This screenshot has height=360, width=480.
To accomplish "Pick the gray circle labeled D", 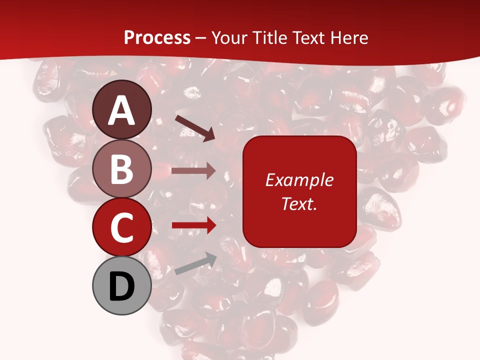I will coord(122,286).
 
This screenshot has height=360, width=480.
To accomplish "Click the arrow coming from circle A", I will coord(195,128).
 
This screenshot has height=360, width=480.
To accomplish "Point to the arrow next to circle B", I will coord(193,171).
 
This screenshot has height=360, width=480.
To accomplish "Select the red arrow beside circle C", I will coord(193,225).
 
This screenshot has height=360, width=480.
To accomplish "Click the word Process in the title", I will coord(157,38).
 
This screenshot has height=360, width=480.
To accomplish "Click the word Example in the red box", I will coord(299,180).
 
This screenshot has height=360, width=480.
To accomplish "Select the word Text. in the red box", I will coord(299,203).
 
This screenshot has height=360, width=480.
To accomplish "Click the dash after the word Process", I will coord(201,38).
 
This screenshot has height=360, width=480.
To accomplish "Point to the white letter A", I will coord(122,111).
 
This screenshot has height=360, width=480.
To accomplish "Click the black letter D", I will coord(122,287).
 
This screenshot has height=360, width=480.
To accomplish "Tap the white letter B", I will coord(122,169).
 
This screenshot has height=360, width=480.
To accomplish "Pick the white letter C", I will coord(122,228).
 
